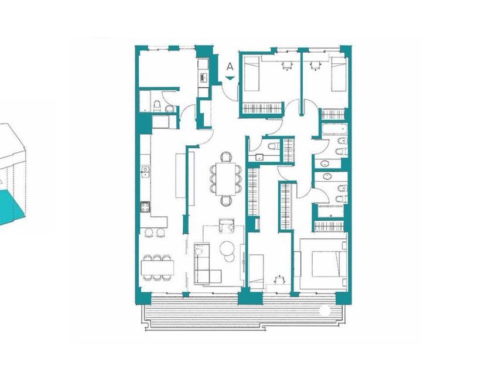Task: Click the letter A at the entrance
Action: click(230, 67)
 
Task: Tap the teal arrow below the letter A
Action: click(230, 78)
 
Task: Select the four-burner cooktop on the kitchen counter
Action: click(145, 207)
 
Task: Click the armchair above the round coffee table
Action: click(227, 226)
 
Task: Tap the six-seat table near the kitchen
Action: click(157, 268)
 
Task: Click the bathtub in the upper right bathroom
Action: click(335, 129)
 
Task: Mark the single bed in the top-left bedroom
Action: click(252, 74)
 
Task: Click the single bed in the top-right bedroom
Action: click(339, 75)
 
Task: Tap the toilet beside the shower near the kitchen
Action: click(157, 106)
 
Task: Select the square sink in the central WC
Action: click(259, 157)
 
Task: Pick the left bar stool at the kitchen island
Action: click(149, 233)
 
